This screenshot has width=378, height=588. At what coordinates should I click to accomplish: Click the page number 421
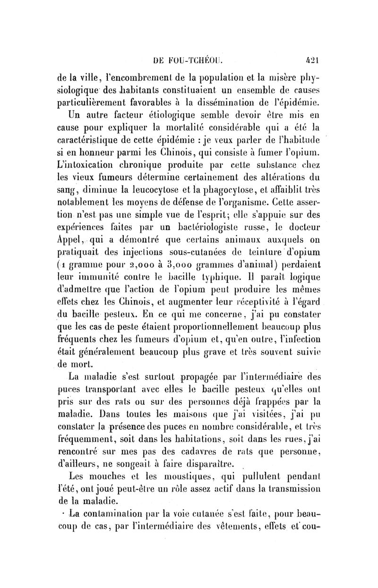pyautogui.click(x=312, y=60)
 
